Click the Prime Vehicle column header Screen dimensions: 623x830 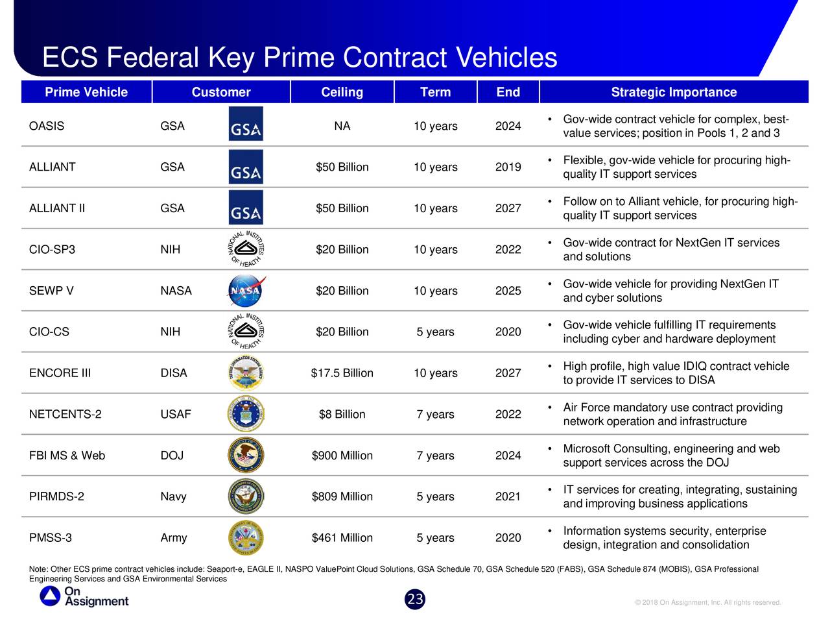[x=86, y=92]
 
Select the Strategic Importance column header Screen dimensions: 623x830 [x=674, y=92]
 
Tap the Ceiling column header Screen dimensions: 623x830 [x=342, y=92]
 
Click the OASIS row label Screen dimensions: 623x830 [x=47, y=126]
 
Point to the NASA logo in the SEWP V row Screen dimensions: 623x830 [x=246, y=291]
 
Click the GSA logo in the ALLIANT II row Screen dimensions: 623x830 [x=246, y=208]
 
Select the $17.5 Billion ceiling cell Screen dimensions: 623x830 [x=342, y=373]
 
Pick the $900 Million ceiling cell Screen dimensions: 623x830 [x=342, y=456]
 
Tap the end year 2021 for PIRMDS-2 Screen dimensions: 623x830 [x=508, y=496]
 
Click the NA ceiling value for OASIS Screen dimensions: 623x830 [x=342, y=126]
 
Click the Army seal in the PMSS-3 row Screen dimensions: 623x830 [x=246, y=538]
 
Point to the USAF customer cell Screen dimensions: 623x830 [x=176, y=414]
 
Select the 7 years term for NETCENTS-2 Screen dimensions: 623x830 [x=435, y=414]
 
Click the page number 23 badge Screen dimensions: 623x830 [x=415, y=600]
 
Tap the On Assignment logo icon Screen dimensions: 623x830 [x=50, y=596]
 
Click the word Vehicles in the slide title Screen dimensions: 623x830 [x=506, y=58]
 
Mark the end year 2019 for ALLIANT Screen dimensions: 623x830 [x=508, y=167]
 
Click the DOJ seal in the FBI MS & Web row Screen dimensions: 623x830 [x=246, y=456]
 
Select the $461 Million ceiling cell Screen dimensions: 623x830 [x=342, y=538]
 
